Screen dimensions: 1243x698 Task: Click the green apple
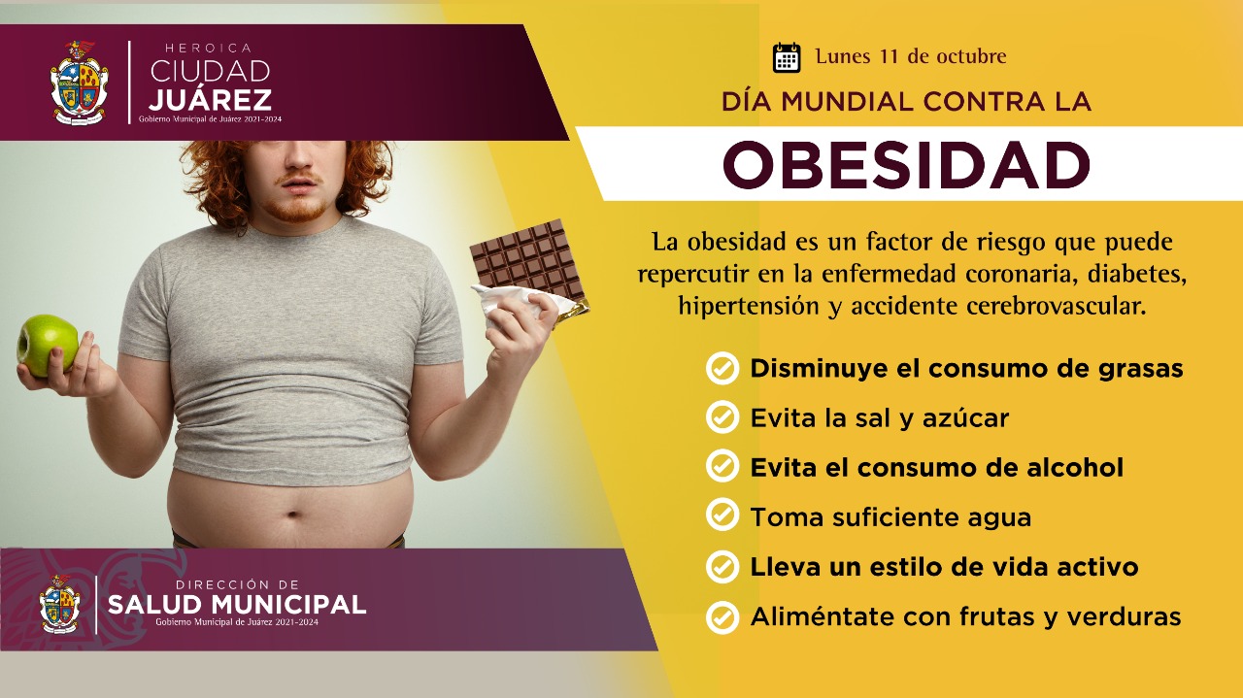(x=49, y=345)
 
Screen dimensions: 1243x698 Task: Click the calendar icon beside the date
(x=787, y=57)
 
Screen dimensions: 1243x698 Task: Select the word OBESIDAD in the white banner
(x=907, y=165)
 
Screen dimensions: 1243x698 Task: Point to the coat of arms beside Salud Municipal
(x=60, y=604)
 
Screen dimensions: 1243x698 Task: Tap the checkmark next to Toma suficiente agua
(x=722, y=515)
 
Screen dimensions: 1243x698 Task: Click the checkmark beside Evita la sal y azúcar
(x=722, y=417)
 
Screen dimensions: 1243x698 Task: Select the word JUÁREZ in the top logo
(x=211, y=99)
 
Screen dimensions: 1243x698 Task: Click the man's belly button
(x=294, y=515)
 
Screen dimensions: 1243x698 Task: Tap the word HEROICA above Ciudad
(x=209, y=49)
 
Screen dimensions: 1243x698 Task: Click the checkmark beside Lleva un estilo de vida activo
(x=722, y=567)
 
